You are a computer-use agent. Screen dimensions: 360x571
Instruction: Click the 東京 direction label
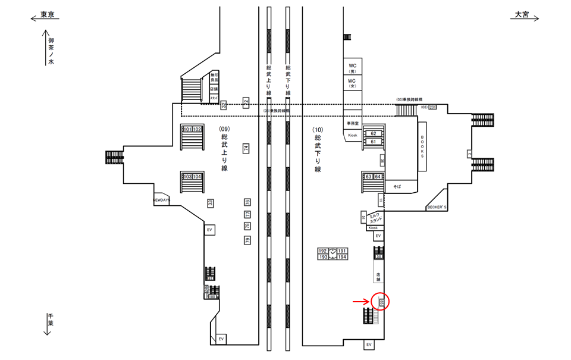(x=47, y=15)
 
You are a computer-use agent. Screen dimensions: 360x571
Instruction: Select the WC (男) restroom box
(x=352, y=67)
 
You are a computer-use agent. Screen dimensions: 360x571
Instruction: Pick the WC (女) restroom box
(x=352, y=82)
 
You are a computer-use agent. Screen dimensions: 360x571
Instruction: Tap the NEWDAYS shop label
(x=161, y=201)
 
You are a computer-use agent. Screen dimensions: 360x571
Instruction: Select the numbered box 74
(x=246, y=148)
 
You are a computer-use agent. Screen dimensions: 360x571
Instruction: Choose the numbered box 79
(x=247, y=240)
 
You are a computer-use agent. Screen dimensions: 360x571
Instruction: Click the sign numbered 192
(x=323, y=251)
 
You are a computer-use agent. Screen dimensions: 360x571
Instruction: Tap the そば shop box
(x=397, y=186)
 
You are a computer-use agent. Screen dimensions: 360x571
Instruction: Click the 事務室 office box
(x=353, y=123)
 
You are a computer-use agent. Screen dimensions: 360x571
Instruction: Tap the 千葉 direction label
(x=51, y=323)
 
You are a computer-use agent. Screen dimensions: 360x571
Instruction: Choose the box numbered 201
(x=432, y=107)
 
